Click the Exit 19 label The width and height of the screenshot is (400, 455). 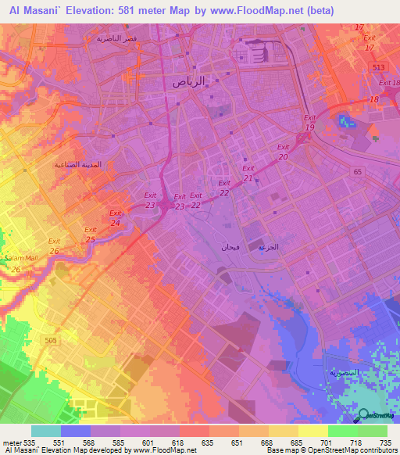[x=309, y=122]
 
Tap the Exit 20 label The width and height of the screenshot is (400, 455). [x=282, y=152]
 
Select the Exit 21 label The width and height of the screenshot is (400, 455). [x=248, y=173]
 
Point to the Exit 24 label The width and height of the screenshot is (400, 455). [x=115, y=218]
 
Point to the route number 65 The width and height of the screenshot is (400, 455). [x=359, y=170]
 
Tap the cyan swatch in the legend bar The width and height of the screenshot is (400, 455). [x=45, y=431]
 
